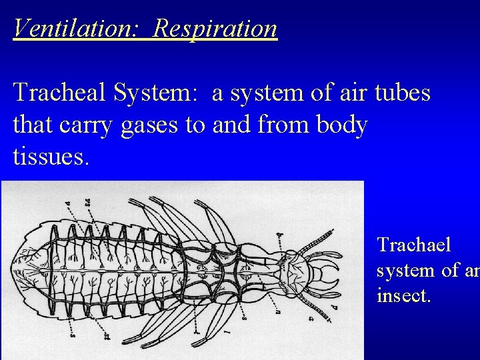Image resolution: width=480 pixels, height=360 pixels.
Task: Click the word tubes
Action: click(x=399, y=94)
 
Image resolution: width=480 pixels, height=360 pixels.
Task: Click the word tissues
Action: click(x=49, y=157)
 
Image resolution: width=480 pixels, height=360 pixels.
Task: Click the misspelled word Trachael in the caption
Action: click(x=414, y=245)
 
